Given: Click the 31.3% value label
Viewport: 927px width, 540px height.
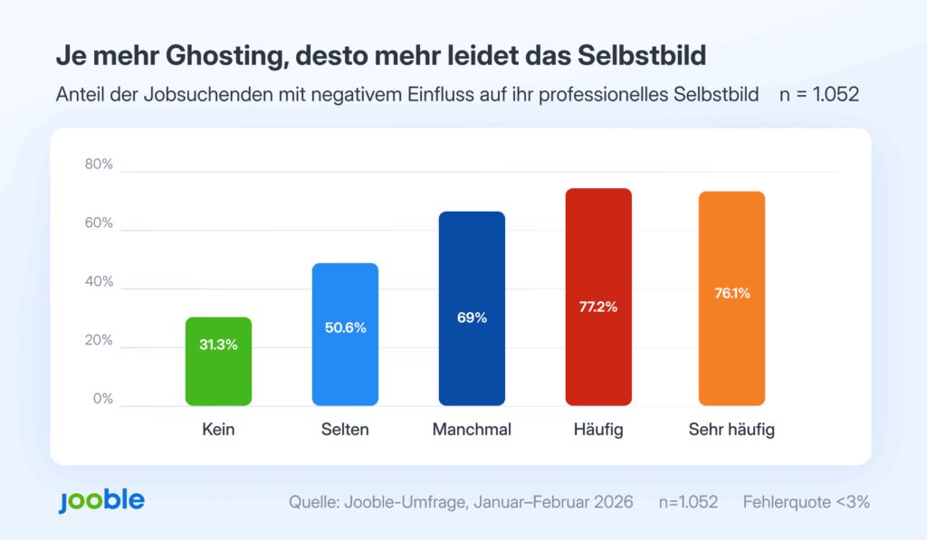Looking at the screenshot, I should (218, 345).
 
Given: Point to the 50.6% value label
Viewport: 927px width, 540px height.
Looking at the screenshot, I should (345, 327).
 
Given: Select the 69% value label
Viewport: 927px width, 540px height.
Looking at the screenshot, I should (472, 317).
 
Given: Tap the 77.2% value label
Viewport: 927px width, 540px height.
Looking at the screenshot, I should (598, 307).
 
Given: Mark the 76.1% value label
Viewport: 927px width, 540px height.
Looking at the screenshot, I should (731, 293).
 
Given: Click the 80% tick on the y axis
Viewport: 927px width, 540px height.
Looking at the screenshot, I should (99, 165).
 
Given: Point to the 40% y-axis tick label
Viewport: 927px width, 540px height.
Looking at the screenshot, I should (99, 282).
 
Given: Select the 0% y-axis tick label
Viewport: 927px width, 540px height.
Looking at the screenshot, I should (102, 399).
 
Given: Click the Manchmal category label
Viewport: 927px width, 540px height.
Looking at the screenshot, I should (472, 430).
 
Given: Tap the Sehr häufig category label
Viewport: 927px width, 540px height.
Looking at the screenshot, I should (731, 430).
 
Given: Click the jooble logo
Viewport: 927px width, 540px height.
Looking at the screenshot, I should (100, 500).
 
